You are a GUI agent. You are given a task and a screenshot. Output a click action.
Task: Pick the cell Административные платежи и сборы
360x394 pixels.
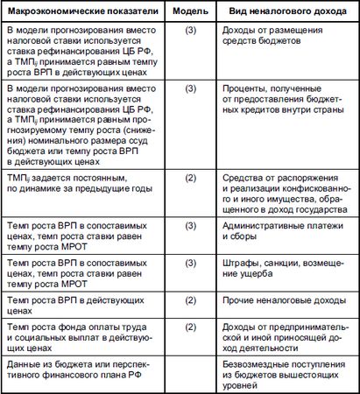pos(279,235)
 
